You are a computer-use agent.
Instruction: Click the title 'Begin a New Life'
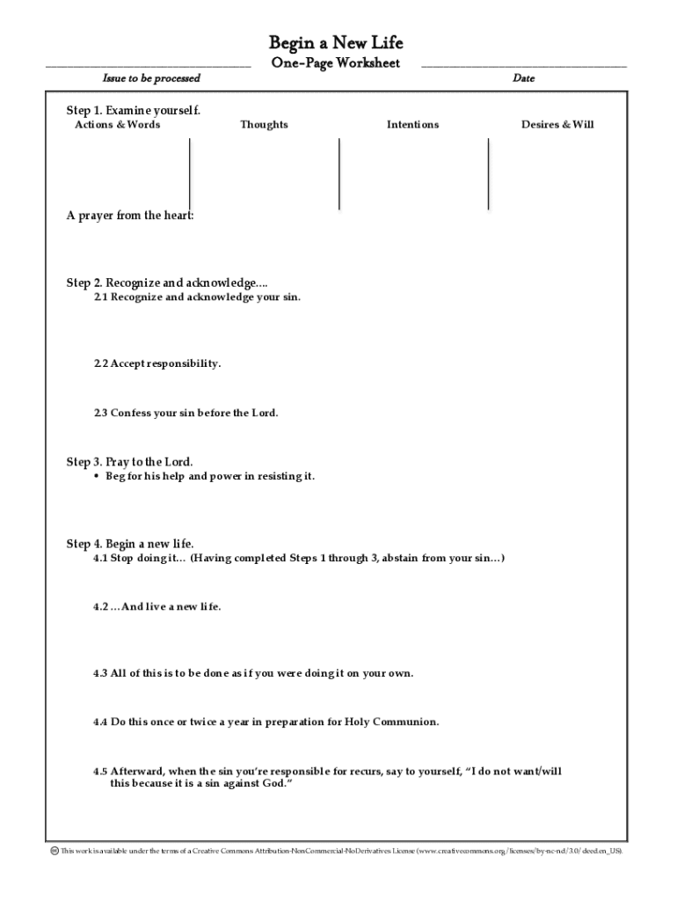336,43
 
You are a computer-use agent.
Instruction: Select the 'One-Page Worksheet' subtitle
336,62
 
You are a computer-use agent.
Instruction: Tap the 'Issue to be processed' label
151,78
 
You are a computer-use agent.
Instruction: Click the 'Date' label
523,78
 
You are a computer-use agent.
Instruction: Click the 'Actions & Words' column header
118,125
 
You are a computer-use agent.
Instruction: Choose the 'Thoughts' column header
264,125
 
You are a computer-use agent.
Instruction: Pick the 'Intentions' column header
412,125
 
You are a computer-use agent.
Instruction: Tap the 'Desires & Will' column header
557,125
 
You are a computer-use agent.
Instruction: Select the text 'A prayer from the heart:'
130,216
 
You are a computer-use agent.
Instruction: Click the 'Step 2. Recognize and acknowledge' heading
167,282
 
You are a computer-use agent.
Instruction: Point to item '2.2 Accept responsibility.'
157,363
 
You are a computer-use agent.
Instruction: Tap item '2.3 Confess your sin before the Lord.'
186,413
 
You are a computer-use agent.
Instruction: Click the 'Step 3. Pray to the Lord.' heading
130,462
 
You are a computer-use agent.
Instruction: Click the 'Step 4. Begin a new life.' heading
130,544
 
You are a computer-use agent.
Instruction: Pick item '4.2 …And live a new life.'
157,607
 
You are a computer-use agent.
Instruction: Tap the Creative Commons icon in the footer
54,851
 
